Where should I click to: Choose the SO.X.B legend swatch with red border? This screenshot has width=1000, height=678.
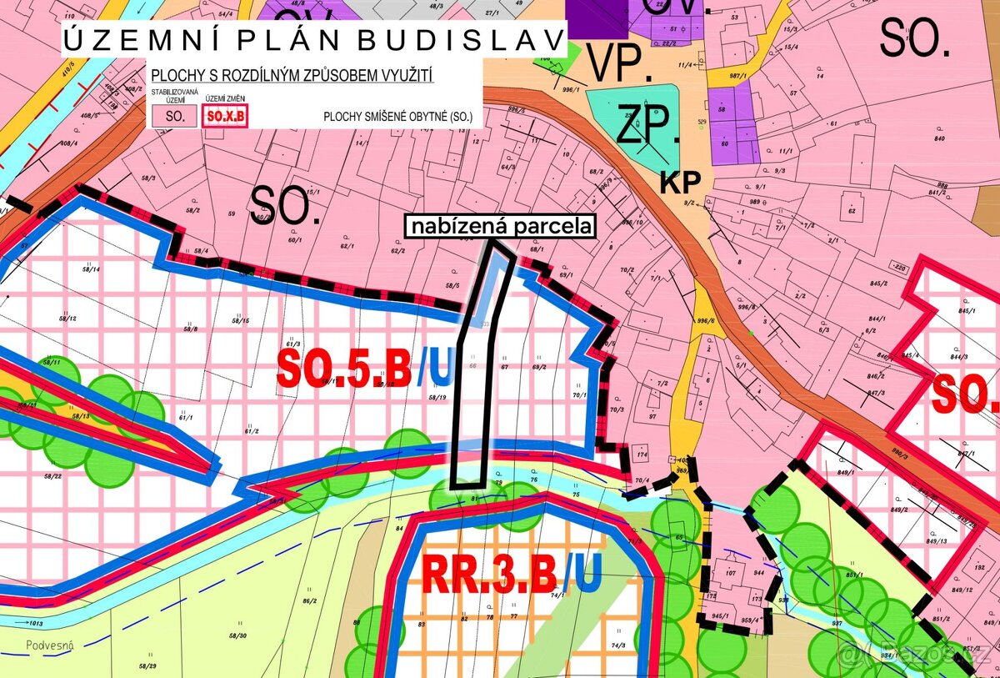tap(224, 117)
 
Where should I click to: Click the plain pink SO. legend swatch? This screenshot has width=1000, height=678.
tap(174, 117)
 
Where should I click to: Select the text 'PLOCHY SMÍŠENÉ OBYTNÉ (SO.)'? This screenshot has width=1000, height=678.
tap(397, 118)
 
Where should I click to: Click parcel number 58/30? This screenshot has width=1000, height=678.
tap(237, 635)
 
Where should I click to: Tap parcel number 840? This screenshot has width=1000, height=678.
tap(939, 138)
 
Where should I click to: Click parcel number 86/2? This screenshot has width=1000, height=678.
tap(309, 600)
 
